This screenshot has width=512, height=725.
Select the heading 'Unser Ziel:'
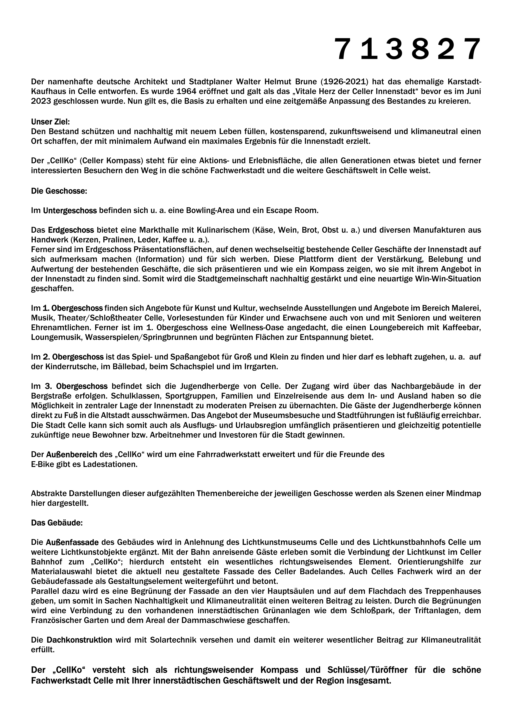[x=50, y=121]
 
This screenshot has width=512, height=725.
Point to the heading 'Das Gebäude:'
[x=57, y=523]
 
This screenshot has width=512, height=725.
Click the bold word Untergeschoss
[x=70, y=210]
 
